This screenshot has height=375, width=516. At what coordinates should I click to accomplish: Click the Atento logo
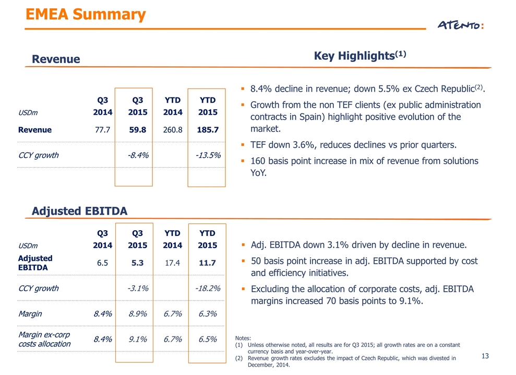460,25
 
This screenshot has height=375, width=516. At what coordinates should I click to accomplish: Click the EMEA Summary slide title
86,15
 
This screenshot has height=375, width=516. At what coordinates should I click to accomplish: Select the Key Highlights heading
360,55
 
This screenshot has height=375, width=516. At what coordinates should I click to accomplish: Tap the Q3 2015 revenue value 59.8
138,130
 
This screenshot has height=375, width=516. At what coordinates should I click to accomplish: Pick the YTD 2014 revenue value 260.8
173,130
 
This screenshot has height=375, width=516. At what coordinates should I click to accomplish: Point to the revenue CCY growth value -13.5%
208,155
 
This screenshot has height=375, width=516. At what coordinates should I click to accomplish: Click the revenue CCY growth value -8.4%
138,155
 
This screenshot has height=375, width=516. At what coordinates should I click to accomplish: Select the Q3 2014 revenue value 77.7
102,130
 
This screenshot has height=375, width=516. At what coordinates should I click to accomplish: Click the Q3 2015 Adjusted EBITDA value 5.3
138,262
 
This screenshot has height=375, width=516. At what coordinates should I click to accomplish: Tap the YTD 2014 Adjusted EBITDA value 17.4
173,262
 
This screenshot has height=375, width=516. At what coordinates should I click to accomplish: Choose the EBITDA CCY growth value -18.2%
208,289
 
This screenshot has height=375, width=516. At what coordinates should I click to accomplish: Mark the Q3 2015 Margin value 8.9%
138,314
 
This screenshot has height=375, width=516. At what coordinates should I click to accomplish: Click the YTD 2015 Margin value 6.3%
208,314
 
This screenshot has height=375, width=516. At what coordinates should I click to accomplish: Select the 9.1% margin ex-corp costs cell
138,339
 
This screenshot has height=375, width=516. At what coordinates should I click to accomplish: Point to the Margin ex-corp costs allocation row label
44,339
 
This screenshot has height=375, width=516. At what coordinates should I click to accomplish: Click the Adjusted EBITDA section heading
79,211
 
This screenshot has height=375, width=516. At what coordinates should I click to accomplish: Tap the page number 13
485,356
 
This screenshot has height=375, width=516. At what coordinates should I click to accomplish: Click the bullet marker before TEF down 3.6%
243,144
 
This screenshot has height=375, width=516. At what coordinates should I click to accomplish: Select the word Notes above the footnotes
243,338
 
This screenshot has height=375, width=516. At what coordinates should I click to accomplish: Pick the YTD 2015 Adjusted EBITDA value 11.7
207,262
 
